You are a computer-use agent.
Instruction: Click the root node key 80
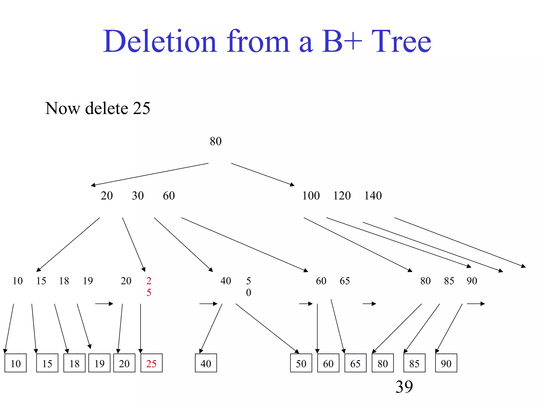tap(215, 141)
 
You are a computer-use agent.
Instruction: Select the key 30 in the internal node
tap(138, 196)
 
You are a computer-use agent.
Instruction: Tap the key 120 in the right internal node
tap(342, 196)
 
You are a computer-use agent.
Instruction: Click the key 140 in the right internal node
tap(373, 196)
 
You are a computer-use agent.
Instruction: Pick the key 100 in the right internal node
tap(311, 196)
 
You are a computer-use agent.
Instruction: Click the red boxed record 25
tap(151, 363)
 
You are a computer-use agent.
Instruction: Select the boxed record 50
tap(301, 363)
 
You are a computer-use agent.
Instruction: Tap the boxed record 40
tap(206, 363)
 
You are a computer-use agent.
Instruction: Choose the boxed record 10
tap(16, 363)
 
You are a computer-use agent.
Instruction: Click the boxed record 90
tap(446, 363)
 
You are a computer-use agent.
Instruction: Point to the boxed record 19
tap(99, 363)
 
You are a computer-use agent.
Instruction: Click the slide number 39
tap(404, 387)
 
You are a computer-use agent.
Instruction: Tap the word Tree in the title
tap(401, 42)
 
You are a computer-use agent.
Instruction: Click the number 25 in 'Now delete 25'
tap(141, 108)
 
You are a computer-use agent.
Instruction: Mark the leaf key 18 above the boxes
tap(64, 281)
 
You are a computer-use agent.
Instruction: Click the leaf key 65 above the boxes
tap(345, 281)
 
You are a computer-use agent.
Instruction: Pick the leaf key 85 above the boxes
tap(449, 281)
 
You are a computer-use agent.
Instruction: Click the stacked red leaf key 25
tap(149, 286)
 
